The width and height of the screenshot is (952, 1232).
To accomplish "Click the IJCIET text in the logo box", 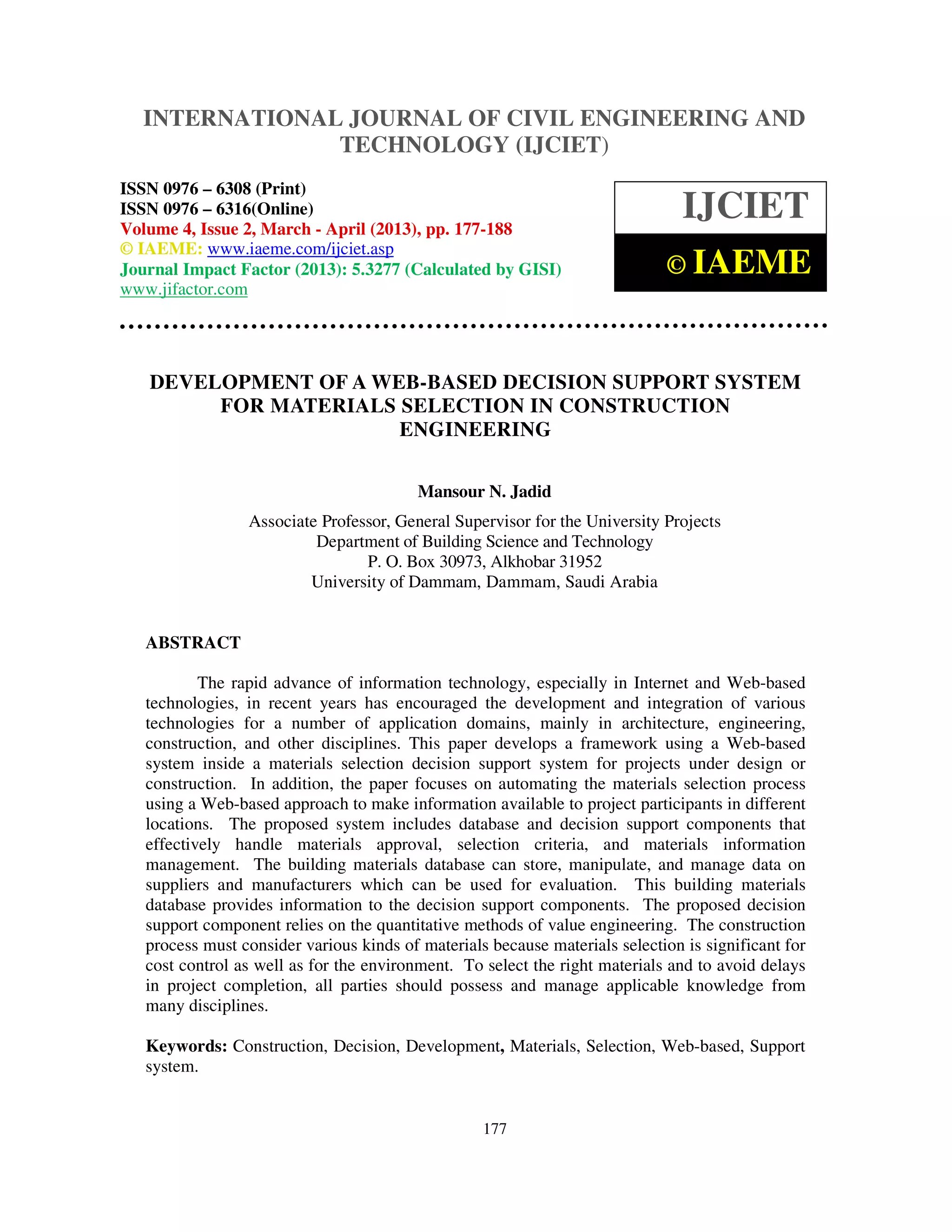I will click(745, 206).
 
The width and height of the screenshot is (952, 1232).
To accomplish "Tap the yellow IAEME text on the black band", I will click(751, 262).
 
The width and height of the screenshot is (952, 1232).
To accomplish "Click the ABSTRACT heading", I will click(193, 642).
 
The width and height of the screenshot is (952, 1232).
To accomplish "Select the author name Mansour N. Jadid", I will click(484, 491).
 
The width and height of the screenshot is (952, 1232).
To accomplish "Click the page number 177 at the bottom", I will click(495, 1128).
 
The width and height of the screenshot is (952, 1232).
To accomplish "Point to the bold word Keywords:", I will click(186, 1046).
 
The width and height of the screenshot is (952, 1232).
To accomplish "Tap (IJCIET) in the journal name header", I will click(562, 145).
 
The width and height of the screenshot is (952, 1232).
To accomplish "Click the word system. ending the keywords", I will click(172, 1066).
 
